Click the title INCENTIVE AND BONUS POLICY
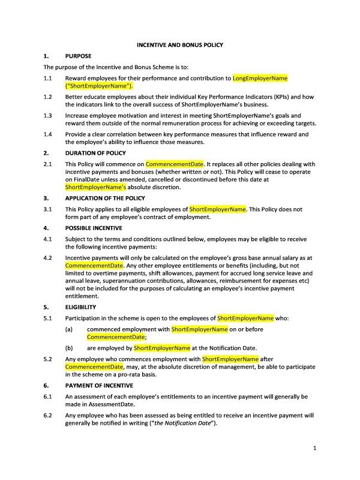(x=180, y=44)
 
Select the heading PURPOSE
(x=78, y=56)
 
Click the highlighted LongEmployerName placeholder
(x=251, y=78)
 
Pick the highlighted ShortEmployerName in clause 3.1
(x=218, y=209)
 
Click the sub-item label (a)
(x=70, y=329)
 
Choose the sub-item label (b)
(x=70, y=348)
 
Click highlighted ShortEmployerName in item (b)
(x=162, y=348)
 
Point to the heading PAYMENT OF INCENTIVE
(x=99, y=385)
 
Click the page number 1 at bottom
(x=314, y=448)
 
